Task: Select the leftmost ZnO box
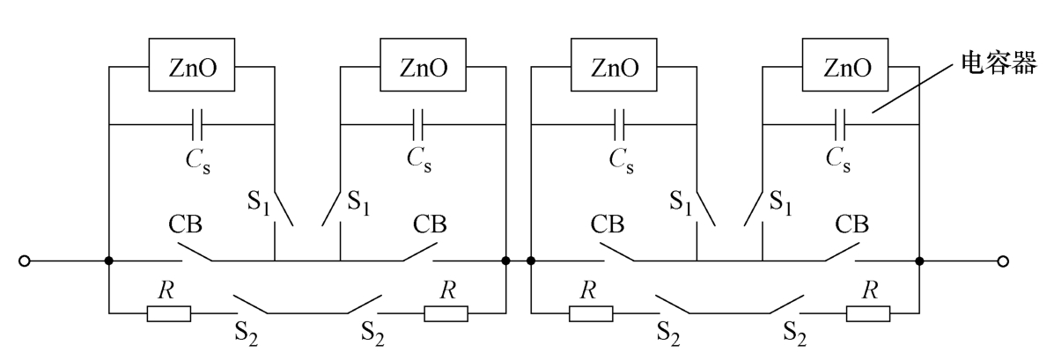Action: tap(190, 66)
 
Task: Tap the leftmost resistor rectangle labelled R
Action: tap(168, 312)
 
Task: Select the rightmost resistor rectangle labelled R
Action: tap(867, 312)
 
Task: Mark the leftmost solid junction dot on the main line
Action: tap(108, 261)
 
